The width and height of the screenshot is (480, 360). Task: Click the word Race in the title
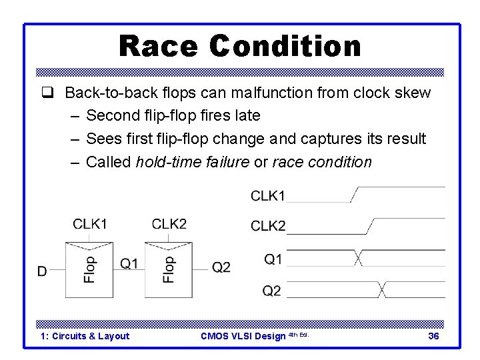click(x=159, y=47)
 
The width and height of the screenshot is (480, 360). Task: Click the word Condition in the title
click(x=285, y=47)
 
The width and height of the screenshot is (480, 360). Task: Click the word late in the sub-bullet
click(x=247, y=115)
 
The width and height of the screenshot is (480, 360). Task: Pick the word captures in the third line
click(x=327, y=139)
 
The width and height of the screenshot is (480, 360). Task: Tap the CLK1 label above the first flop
click(x=90, y=224)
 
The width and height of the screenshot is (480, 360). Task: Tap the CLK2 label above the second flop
click(x=169, y=224)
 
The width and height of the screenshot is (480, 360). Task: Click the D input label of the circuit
click(x=42, y=271)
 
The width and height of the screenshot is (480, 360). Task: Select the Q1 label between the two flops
click(x=129, y=264)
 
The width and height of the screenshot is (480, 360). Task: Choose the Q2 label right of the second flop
click(x=221, y=267)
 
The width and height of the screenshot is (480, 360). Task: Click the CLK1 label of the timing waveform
click(x=268, y=195)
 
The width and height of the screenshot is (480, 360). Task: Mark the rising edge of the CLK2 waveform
click(x=371, y=226)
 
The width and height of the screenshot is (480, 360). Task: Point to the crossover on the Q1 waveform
click(x=359, y=258)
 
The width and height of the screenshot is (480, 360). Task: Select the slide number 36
click(x=433, y=336)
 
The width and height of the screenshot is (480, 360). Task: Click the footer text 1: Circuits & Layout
click(x=85, y=336)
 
